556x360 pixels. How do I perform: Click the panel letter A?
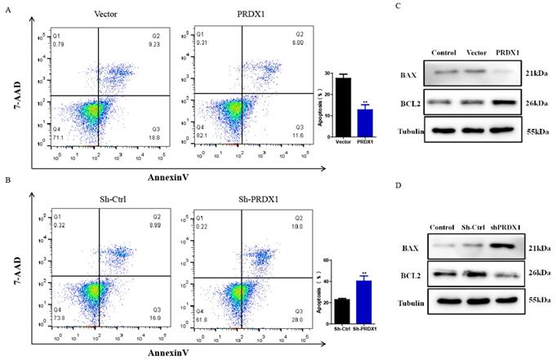coord(8,9)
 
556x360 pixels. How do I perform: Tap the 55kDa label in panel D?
coord(539,301)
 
